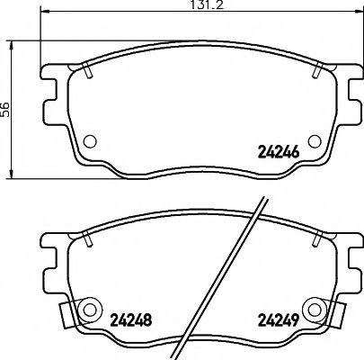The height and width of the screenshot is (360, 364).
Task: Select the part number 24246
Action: click(279, 153)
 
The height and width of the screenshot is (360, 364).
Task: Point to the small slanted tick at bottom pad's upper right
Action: click(319, 239)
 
